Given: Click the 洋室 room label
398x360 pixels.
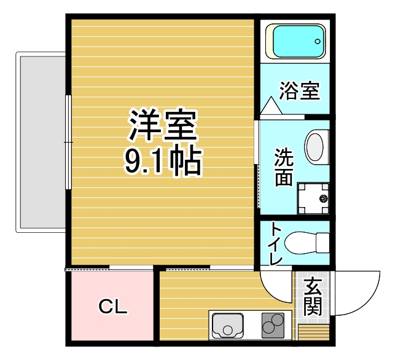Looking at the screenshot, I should click(x=162, y=125).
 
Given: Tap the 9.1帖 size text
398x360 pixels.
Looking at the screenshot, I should click(x=162, y=160).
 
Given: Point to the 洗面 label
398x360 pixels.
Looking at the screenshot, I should click(x=283, y=167).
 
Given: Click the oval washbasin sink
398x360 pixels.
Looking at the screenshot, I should click(x=314, y=146).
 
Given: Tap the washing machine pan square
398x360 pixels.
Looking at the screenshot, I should click(x=314, y=198).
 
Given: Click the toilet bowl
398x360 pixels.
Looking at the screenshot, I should click(x=307, y=243).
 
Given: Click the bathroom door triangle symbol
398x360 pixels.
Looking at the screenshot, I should click(x=270, y=106).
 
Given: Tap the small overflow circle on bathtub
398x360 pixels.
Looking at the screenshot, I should click(x=318, y=41).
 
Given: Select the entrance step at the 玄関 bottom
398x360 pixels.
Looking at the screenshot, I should click(x=313, y=332).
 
